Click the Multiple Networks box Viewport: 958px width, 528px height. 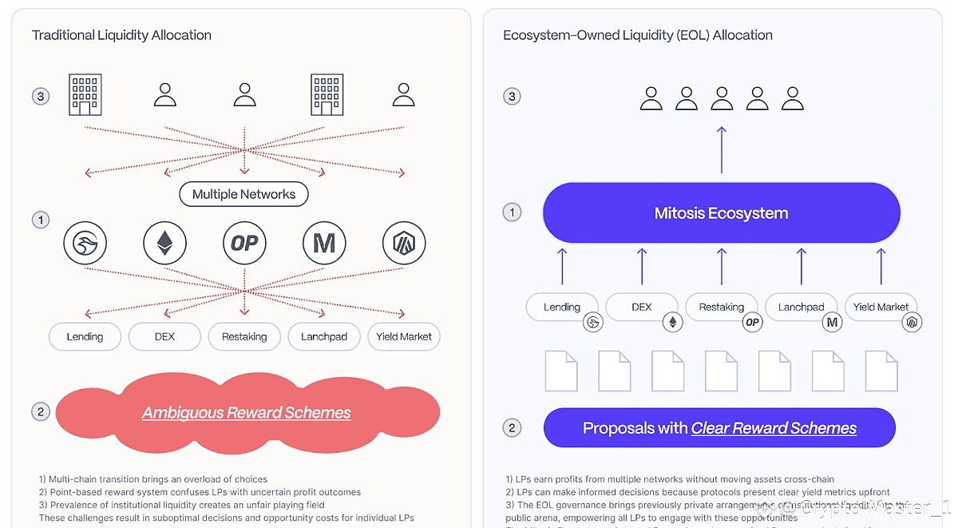coord(243,194)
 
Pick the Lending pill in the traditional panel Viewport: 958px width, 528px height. coord(85,336)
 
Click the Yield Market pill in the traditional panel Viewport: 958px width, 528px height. coord(404,336)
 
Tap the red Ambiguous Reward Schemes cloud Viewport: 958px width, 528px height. coord(247,412)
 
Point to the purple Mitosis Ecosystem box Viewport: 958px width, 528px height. coord(721,213)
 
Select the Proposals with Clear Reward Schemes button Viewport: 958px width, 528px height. coord(719,428)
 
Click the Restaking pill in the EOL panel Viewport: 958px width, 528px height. coord(721,307)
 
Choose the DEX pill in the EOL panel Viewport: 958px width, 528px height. coord(641,307)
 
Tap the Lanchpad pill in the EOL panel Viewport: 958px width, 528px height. coord(801,307)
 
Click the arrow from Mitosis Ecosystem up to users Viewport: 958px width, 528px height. coord(722,149)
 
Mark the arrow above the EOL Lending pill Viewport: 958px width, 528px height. coord(562,266)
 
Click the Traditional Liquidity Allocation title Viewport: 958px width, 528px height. coord(121,35)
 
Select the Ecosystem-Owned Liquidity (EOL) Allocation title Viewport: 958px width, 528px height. coord(637,35)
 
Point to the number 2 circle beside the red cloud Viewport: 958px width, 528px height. coord(40,412)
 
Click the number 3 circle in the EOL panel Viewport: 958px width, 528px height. coord(512,97)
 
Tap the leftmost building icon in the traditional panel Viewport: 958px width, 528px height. coord(85,94)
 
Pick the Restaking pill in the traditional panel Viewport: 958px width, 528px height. coord(244,336)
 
